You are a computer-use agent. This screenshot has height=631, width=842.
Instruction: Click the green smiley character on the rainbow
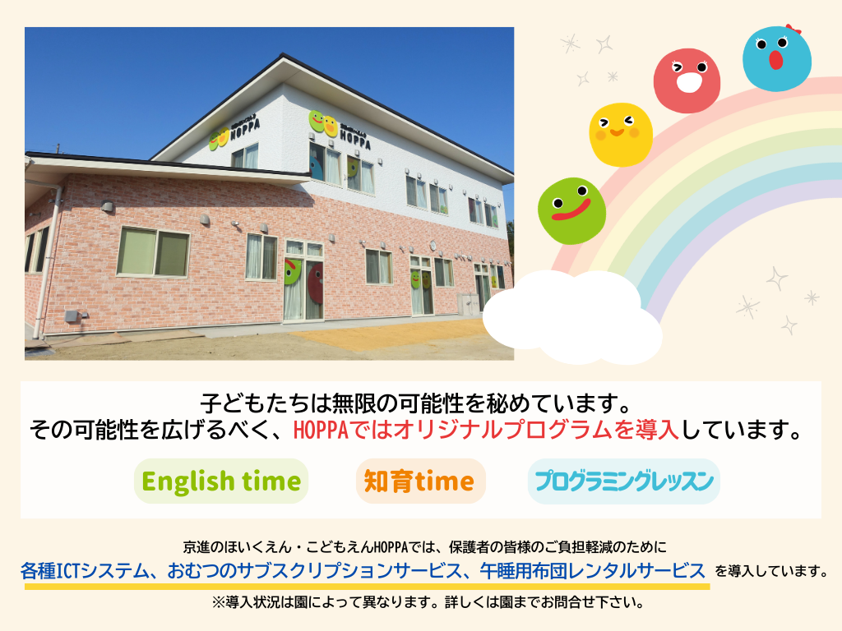(572, 211)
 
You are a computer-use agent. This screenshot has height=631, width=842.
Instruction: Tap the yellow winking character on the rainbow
(621, 134)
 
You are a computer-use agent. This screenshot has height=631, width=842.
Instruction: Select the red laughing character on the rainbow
(687, 81)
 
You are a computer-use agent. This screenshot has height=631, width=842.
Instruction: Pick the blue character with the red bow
(777, 58)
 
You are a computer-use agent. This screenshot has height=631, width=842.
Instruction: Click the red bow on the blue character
(793, 29)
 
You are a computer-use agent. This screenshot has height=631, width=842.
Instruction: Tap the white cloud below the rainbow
(572, 316)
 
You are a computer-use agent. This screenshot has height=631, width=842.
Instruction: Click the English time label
(221, 481)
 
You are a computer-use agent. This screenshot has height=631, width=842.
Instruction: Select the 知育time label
(420, 481)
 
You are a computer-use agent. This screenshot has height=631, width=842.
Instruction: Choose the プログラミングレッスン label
(624, 481)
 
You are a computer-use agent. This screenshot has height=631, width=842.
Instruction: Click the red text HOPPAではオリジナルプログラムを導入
(487, 431)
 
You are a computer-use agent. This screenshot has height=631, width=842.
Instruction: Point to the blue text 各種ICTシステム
(85, 570)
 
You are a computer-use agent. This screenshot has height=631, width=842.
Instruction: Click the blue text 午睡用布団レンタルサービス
(592, 570)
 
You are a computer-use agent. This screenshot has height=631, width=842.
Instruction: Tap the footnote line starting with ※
(428, 602)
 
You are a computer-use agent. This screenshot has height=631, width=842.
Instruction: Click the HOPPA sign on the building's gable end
(234, 132)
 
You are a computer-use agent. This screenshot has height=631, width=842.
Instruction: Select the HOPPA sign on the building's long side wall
(340, 129)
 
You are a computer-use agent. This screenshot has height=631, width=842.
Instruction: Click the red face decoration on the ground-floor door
(315, 283)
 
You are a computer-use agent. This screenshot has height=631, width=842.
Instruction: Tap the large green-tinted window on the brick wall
(154, 251)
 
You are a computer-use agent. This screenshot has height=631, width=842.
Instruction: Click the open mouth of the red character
(688, 82)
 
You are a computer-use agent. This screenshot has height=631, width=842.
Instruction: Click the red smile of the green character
(571, 210)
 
